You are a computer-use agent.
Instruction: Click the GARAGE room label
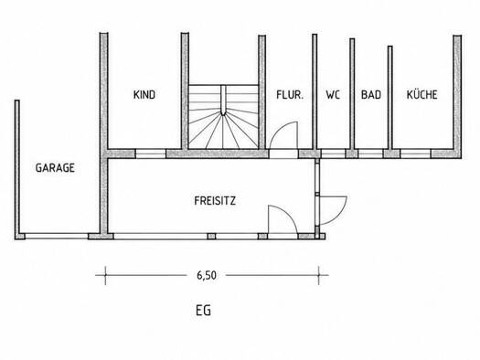point(55,167)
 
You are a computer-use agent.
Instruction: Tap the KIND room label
point(144,94)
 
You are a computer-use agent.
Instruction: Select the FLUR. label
point(290,94)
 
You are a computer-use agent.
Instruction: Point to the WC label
point(333,94)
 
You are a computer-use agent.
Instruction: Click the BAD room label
point(371,94)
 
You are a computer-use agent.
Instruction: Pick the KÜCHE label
point(421,94)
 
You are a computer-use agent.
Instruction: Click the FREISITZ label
point(215,201)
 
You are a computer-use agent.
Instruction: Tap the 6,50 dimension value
point(207,275)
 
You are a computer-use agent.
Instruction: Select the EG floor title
point(203,311)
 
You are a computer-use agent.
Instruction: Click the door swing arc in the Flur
point(279,129)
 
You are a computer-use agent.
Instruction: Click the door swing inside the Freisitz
point(288,213)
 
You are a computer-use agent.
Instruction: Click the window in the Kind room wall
point(151,154)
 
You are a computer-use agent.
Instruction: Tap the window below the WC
point(333,154)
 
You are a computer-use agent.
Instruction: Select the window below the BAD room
point(370,154)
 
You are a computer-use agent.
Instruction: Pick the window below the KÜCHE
point(415,154)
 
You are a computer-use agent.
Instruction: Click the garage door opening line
point(57,236)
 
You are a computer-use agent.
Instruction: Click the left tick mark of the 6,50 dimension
point(106,275)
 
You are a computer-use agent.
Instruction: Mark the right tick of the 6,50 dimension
point(319,275)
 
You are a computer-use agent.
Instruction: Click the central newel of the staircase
point(223,100)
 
